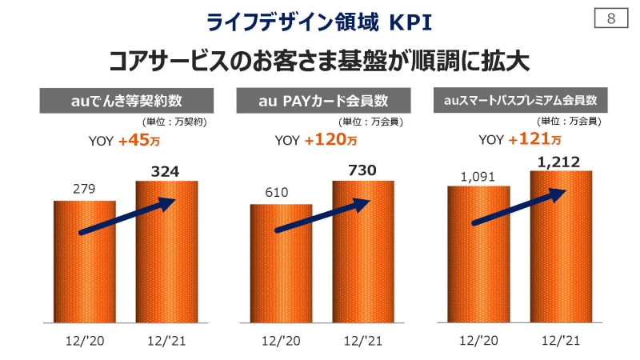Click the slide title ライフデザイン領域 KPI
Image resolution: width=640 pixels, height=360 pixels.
319,22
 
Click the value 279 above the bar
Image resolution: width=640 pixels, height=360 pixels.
84,190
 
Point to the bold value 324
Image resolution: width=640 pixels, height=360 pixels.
166,170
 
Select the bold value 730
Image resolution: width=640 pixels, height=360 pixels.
362,170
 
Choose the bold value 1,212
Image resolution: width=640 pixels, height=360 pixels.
560,162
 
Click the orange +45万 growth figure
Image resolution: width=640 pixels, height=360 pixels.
138,141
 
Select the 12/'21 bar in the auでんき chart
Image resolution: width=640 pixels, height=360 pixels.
166,264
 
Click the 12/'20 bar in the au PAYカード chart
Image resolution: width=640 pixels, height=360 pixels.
281,272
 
